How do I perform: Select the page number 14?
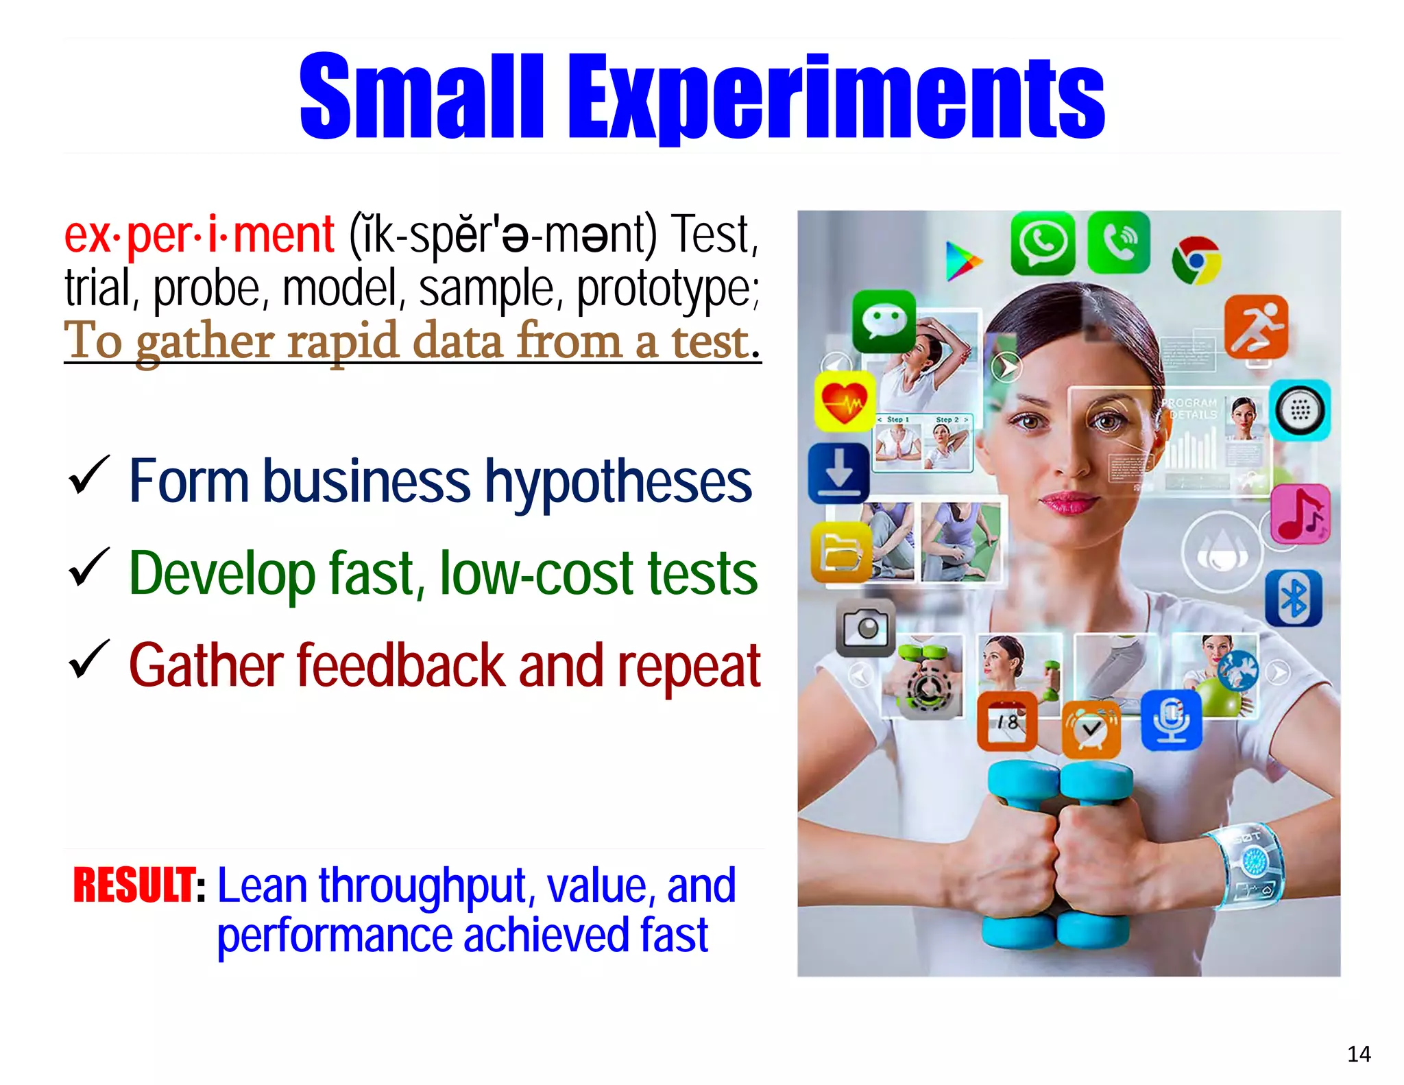(x=1358, y=1053)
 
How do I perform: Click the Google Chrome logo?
(x=1196, y=261)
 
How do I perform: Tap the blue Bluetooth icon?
(x=1293, y=597)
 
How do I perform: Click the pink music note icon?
(x=1299, y=514)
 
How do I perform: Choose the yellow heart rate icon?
(x=844, y=402)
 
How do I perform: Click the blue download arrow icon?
(x=838, y=473)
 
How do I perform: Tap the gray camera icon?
(x=865, y=628)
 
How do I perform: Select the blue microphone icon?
(x=1171, y=720)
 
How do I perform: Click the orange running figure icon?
(x=1256, y=327)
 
